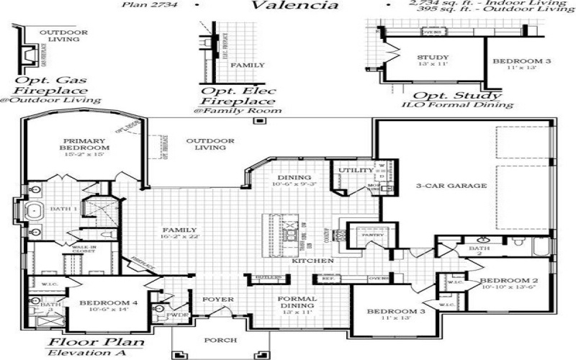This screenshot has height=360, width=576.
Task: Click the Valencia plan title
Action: click(294, 6)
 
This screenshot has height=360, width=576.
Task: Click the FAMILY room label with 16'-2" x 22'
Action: click(179, 232)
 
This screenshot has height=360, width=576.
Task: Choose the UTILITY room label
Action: click(356, 171)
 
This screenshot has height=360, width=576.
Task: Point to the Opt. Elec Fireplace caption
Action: click(237, 96)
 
